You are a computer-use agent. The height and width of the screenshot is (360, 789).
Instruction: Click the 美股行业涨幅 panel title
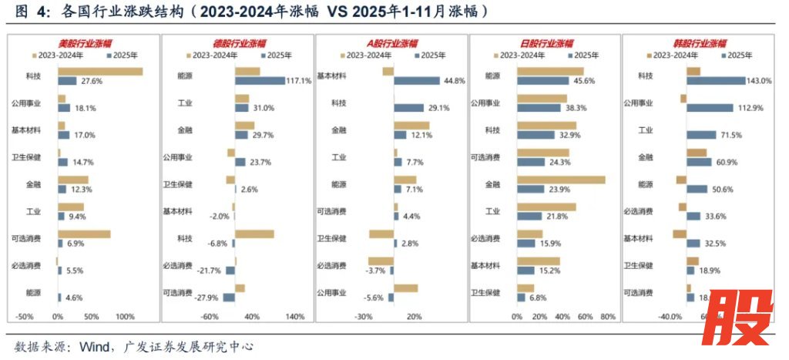pos(86,44)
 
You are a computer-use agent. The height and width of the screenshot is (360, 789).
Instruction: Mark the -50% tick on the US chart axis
pos(24,317)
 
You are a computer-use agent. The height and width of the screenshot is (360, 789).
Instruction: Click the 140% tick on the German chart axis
pos(295,317)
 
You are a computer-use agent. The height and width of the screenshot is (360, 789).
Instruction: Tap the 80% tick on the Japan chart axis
pos(607,317)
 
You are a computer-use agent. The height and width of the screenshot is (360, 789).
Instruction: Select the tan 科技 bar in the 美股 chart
pos(100,72)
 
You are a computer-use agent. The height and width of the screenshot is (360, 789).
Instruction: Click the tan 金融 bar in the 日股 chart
pos(561,180)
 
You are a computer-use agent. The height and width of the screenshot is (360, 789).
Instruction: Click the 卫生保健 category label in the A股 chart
pos(332,239)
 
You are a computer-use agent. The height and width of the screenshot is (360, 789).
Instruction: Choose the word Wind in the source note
pos(92,347)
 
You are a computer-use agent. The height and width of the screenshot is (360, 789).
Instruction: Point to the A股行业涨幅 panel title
pos(391,44)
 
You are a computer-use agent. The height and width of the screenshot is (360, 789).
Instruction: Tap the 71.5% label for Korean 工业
pos(731,135)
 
